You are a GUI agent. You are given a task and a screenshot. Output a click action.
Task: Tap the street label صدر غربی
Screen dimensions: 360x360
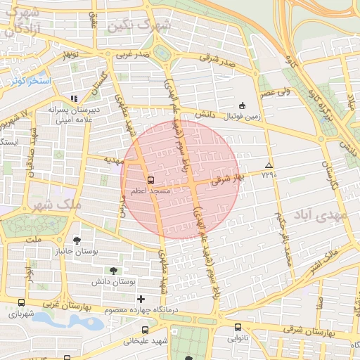[134, 54]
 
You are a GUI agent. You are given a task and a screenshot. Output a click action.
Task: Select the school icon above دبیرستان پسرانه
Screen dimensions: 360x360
[73, 98]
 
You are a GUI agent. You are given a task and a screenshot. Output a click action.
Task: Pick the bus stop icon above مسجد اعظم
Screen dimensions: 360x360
[150, 179]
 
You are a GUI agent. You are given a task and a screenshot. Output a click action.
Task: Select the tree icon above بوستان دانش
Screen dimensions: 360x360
[113, 270]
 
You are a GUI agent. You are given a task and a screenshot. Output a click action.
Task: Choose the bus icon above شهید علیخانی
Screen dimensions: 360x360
[146, 330]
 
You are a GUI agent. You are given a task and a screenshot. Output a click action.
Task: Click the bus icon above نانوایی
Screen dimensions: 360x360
[238, 326]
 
